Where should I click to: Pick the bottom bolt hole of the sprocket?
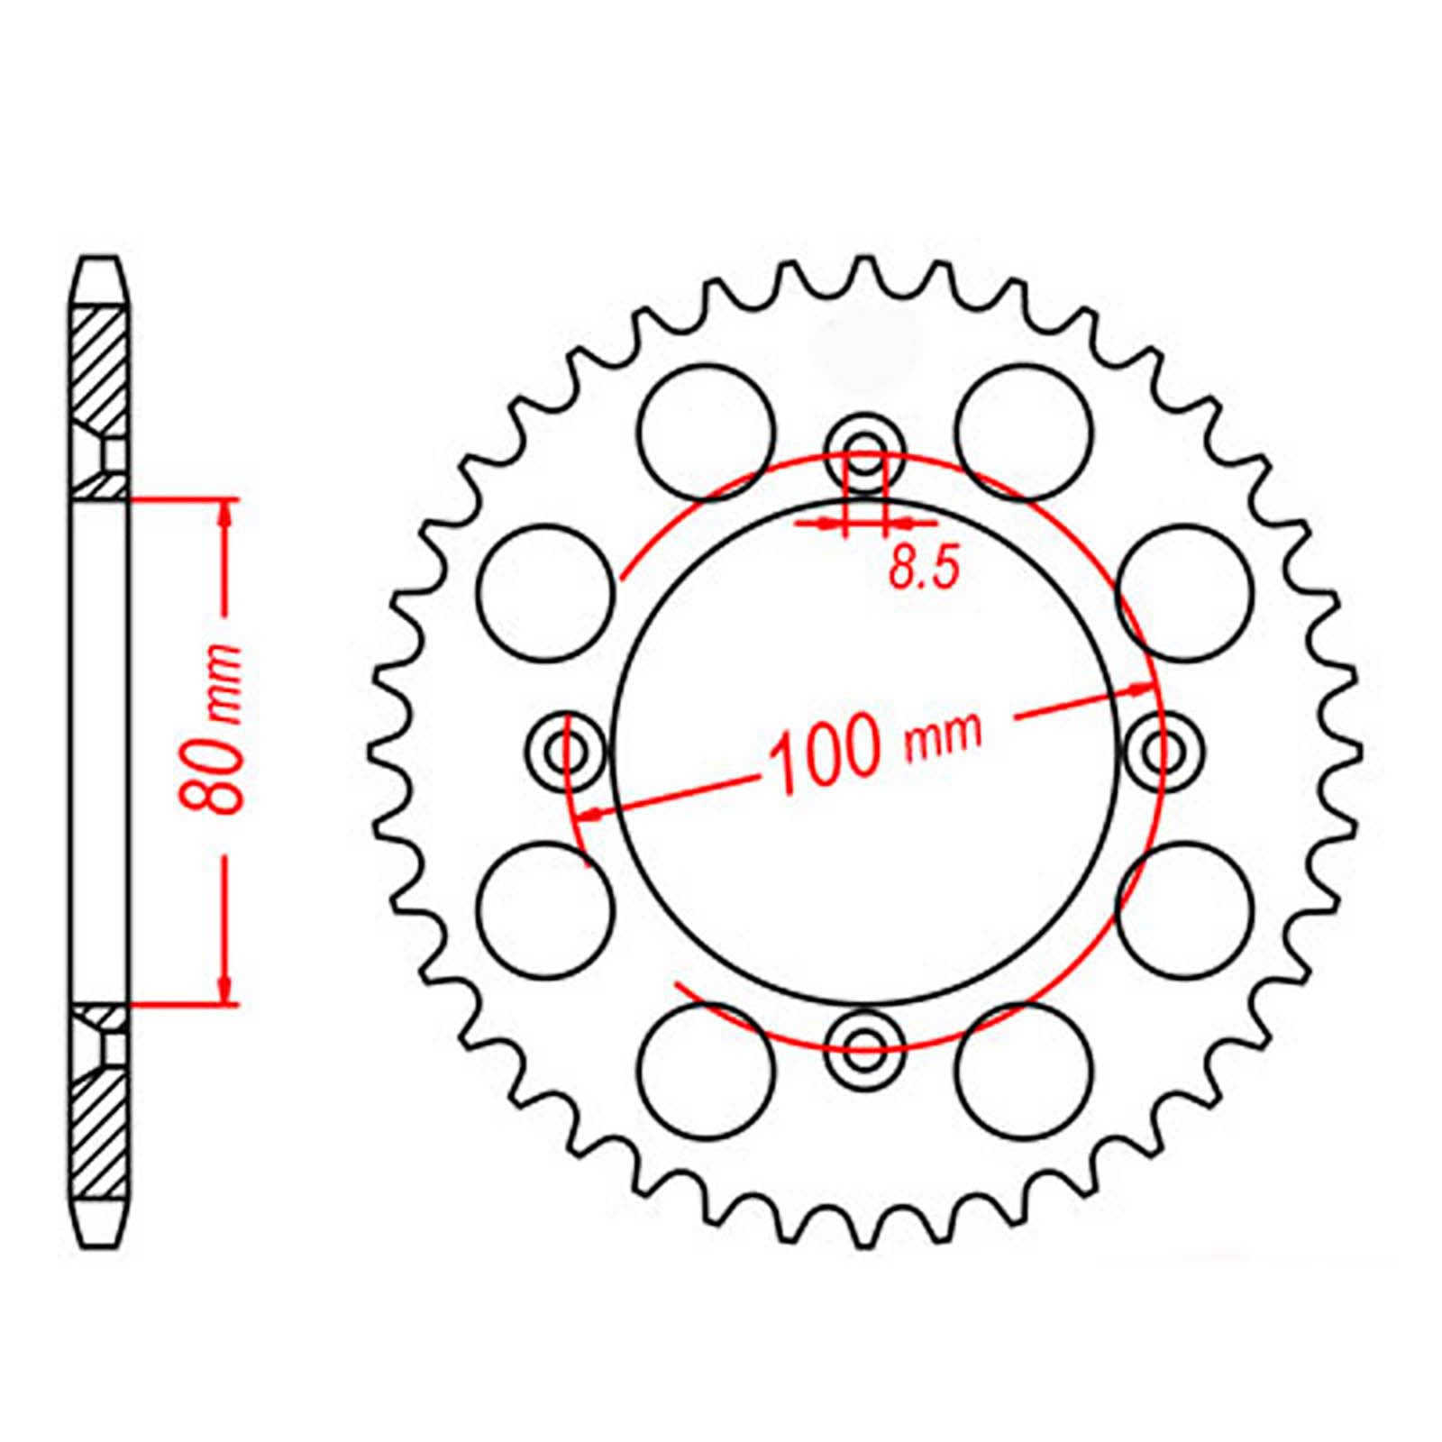tap(865, 1046)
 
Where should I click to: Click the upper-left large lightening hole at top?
tap(706, 430)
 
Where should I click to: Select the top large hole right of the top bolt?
tap(1024, 430)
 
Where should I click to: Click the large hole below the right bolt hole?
tap(1184, 908)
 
